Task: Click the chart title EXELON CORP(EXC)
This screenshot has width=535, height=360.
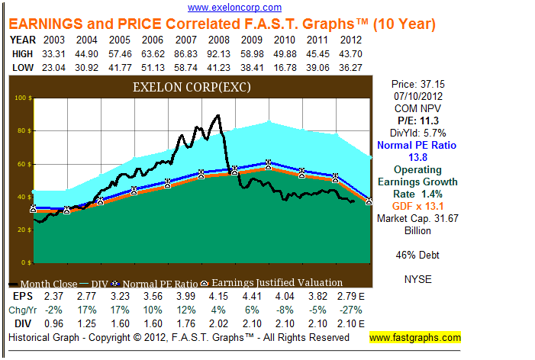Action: point(192,87)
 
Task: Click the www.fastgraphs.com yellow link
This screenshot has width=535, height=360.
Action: point(415,337)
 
